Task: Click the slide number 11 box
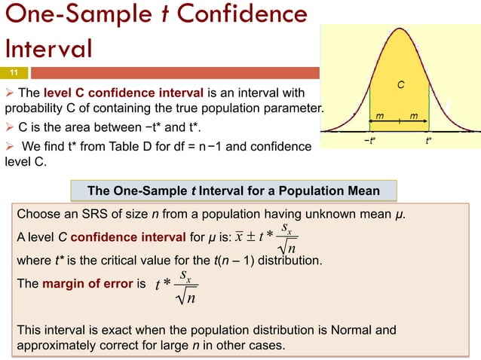[x=14, y=72]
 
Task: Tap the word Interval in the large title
[x=48, y=47]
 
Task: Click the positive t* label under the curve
[x=428, y=140]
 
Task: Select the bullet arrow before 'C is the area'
[x=10, y=126]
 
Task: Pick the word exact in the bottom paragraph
[x=109, y=331]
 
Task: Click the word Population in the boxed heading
[x=296, y=189]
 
